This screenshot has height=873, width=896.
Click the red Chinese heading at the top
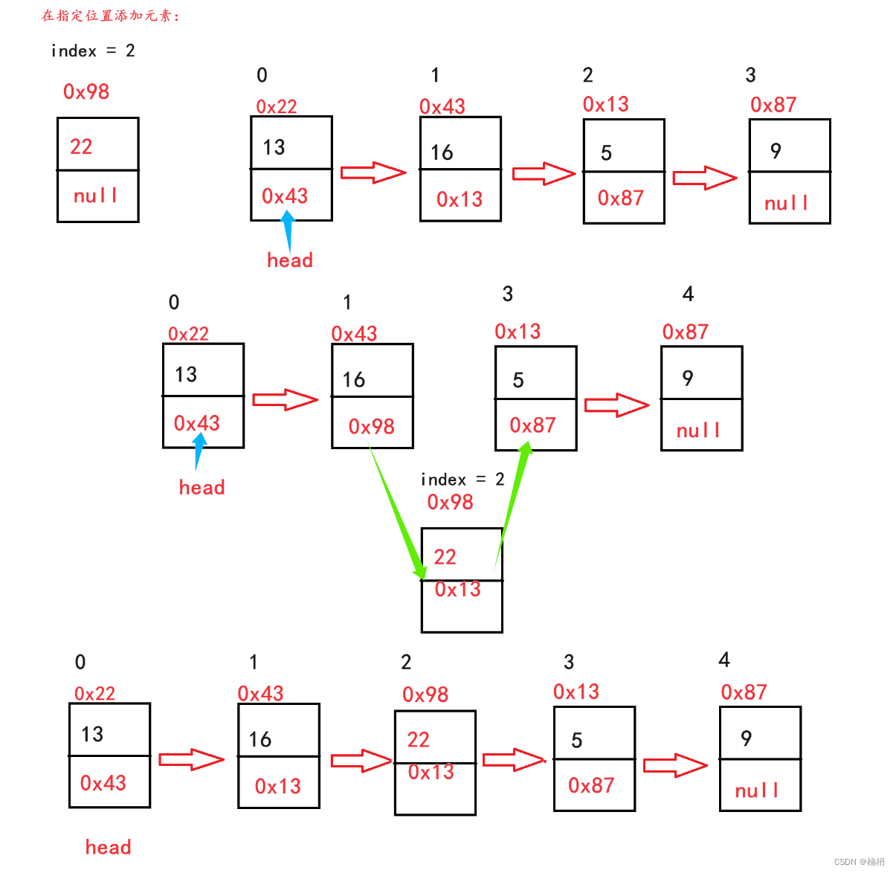pyautogui.click(x=110, y=16)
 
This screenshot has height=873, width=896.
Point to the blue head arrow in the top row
pyautogui.click(x=288, y=230)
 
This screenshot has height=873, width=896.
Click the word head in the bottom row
pyautogui.click(x=108, y=847)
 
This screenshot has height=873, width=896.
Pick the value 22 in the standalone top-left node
pyautogui.click(x=81, y=146)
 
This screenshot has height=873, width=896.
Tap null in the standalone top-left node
pyautogui.click(x=95, y=196)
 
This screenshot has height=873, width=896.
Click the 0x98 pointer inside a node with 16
pyautogui.click(x=371, y=426)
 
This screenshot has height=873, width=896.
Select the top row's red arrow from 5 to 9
pyautogui.click(x=704, y=178)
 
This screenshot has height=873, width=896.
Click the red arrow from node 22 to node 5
pyautogui.click(x=514, y=760)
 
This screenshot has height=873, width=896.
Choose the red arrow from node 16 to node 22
pyautogui.click(x=361, y=761)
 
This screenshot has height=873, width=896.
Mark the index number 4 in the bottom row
pyautogui.click(x=724, y=660)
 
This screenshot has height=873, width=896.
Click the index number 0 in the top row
pyautogui.click(x=262, y=75)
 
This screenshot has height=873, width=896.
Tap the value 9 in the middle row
pyautogui.click(x=687, y=378)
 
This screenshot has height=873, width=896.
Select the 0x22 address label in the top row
pyautogui.click(x=276, y=106)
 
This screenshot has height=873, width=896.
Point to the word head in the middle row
pyautogui.click(x=202, y=487)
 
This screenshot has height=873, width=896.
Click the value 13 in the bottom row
pyautogui.click(x=92, y=734)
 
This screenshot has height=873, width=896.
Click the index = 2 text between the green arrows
pyautogui.click(x=462, y=480)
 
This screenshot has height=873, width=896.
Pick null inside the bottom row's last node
pyautogui.click(x=756, y=790)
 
